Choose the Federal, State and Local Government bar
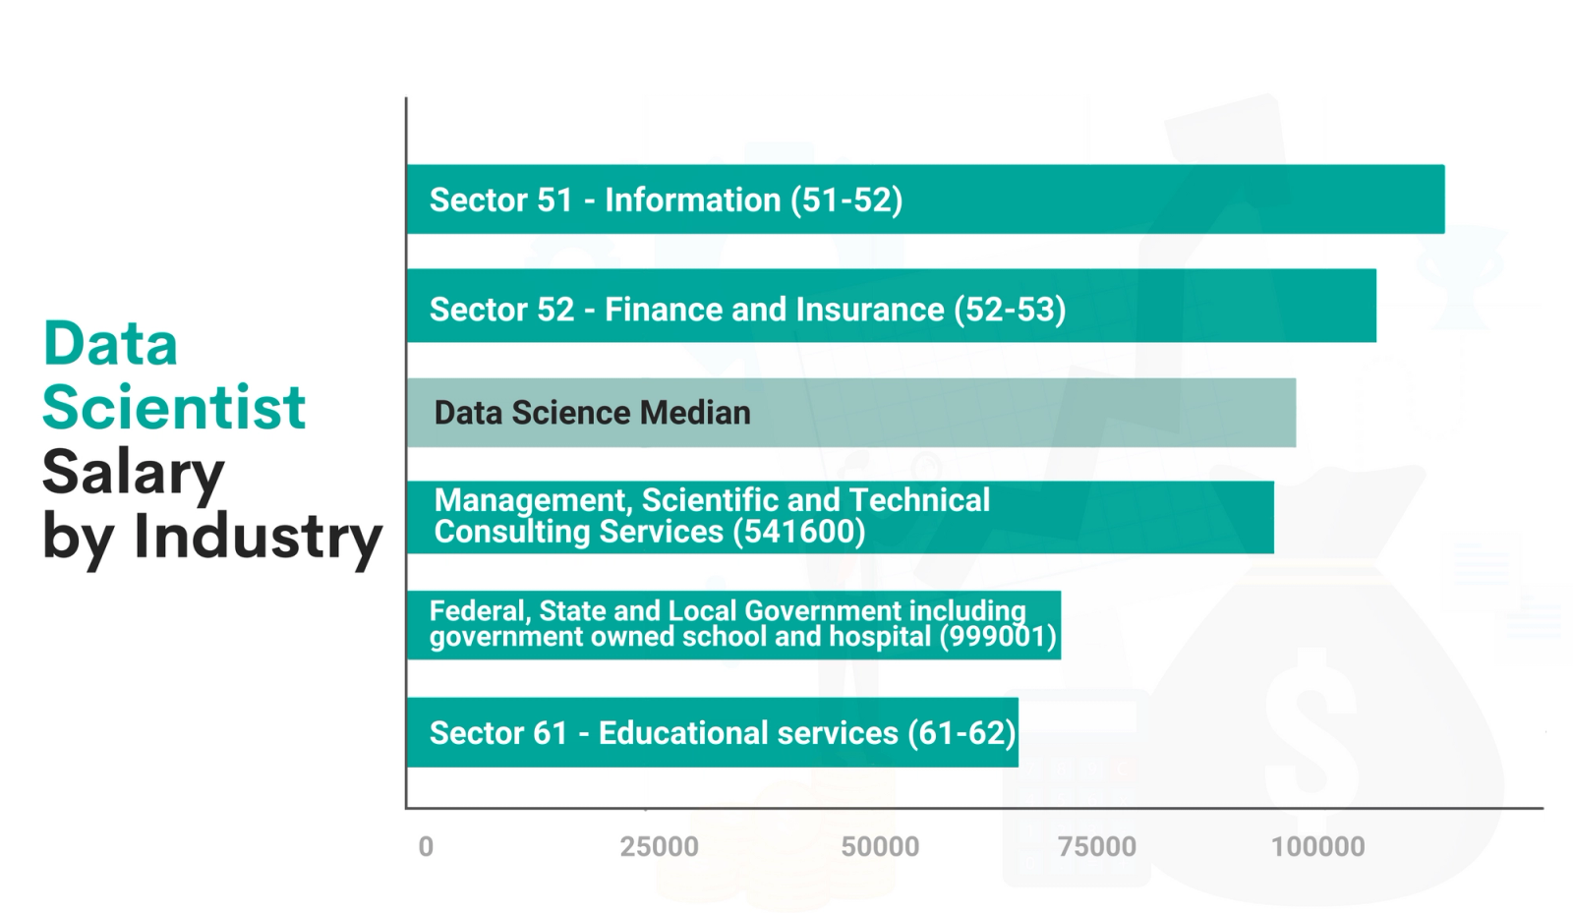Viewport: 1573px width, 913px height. point(733,625)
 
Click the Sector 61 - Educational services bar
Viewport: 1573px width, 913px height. point(712,733)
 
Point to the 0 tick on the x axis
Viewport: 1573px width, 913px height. point(426,846)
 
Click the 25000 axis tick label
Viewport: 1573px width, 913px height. point(659,846)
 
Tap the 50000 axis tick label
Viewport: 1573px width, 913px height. point(880,846)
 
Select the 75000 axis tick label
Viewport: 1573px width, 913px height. point(1097,846)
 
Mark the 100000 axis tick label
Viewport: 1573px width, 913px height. point(1317,846)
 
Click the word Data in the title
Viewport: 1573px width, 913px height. point(110,344)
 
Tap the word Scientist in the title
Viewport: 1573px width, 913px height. point(174,407)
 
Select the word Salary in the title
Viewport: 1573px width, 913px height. point(133,473)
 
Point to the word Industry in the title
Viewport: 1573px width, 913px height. point(258,537)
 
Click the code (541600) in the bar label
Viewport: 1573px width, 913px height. point(799,532)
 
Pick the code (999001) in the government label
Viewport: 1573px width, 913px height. point(997,637)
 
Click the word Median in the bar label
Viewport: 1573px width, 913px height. point(695,413)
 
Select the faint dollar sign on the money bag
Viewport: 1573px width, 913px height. point(1312,708)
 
